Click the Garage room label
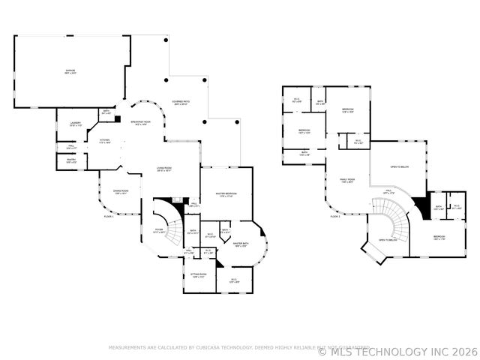70,71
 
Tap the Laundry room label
75,124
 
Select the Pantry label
70,160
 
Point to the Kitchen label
105,141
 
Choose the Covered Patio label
180,103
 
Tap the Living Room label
164,169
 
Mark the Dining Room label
121,191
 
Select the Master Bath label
240,244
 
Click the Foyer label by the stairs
160,231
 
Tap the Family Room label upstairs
346,180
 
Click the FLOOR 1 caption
109,217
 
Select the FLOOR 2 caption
335,216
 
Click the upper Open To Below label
399,166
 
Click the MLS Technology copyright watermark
397,350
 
